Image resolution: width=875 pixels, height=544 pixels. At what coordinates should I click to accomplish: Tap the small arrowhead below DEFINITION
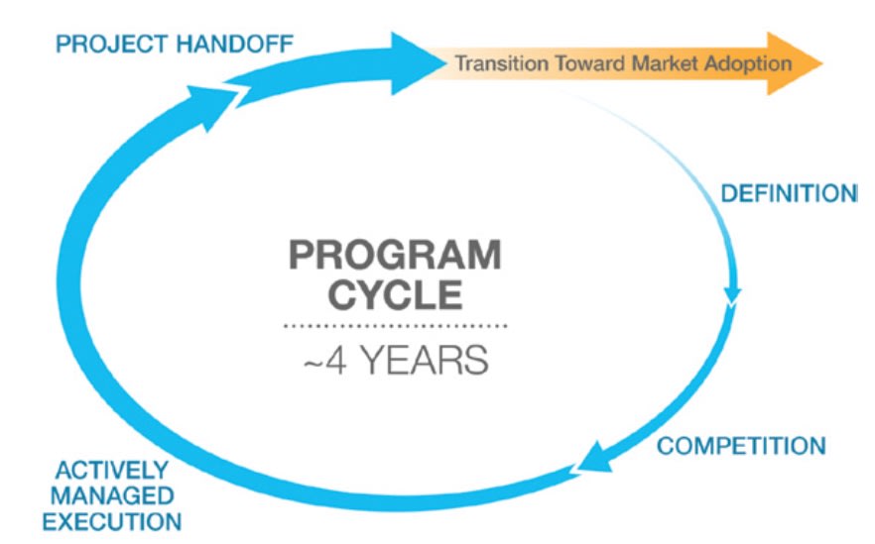tap(733, 294)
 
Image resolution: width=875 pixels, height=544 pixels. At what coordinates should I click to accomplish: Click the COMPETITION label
tap(740, 445)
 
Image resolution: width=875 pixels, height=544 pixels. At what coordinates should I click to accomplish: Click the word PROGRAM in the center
tap(394, 257)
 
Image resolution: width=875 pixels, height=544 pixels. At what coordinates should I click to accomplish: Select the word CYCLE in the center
tap(394, 295)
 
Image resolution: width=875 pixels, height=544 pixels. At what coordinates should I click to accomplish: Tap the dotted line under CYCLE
tap(394, 325)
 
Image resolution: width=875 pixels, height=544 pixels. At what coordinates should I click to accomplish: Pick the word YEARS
tap(425, 360)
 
